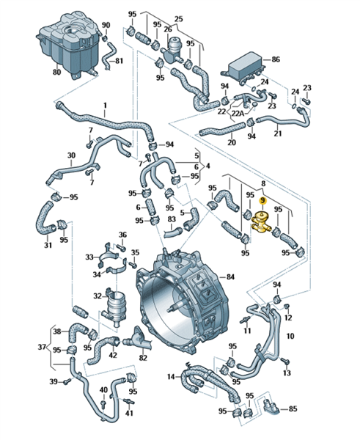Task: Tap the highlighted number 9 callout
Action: point(262,200)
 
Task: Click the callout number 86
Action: point(276,59)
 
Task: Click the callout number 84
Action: point(230,277)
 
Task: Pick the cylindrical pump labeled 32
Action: point(115,307)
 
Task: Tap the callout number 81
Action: point(120,61)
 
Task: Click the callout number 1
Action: point(106,106)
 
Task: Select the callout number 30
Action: point(72,155)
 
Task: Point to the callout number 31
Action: point(48,245)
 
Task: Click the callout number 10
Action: point(290,336)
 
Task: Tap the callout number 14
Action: point(171,377)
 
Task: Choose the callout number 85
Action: point(293,409)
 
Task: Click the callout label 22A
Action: point(238,114)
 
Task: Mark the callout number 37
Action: point(42,347)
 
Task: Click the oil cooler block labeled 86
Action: point(245,67)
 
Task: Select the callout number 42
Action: point(113,355)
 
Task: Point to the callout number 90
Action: point(106,25)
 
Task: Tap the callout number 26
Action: point(168,29)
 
